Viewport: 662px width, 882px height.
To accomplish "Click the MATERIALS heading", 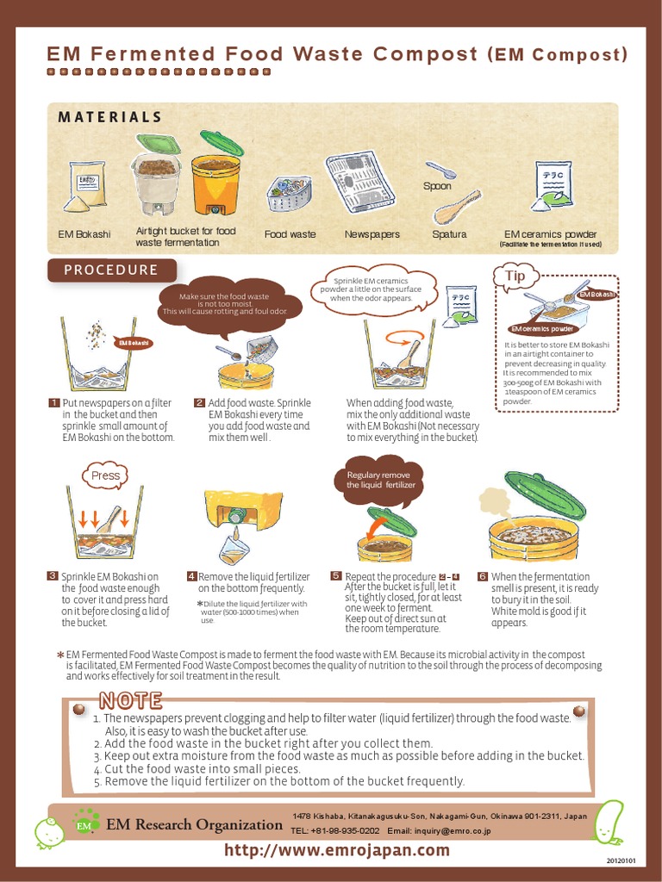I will coord(109,117).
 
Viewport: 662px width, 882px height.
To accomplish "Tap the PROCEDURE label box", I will coord(112,270).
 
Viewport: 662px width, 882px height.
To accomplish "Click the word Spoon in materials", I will coord(437,186).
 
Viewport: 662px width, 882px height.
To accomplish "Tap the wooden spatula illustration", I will coord(456,207).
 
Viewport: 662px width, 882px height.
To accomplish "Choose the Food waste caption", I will coord(290,234).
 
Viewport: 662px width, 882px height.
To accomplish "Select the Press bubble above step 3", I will coord(105,475).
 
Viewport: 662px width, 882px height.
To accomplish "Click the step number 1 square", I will coord(53,403).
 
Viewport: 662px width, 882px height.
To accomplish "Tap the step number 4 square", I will coord(191,577).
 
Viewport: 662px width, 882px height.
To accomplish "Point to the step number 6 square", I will coord(483,577).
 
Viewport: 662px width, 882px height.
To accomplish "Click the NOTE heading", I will coord(130,699).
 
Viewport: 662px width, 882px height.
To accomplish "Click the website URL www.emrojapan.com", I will coord(337,850).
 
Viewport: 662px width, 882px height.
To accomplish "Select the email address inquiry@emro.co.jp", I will coord(440,831).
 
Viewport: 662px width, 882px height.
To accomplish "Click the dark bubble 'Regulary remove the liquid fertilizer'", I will coord(380,480).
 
